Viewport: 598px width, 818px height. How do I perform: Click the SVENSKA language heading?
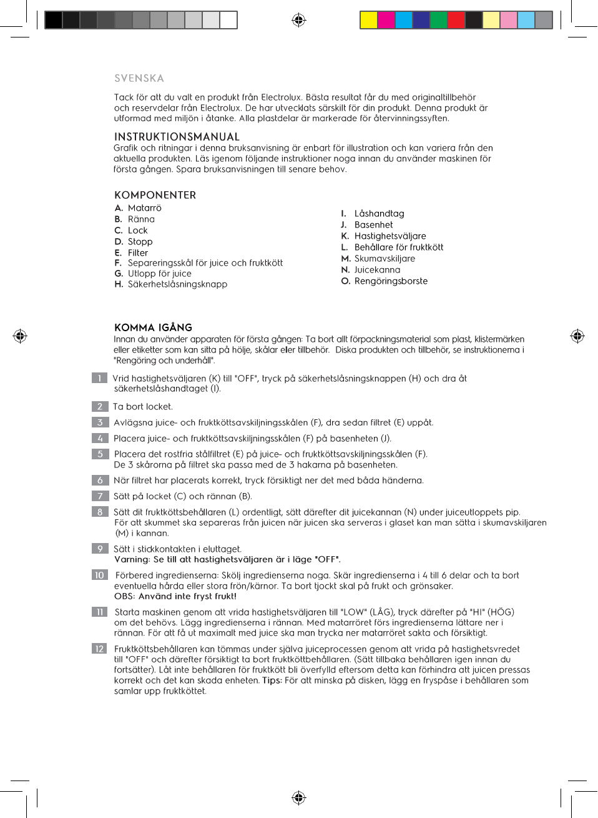pyautogui.click(x=139, y=78)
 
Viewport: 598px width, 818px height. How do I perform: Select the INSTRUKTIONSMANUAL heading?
pyautogui.click(x=177, y=136)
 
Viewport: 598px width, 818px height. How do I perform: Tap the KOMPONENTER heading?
pyautogui.click(x=155, y=195)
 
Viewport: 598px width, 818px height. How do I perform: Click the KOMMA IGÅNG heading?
pyautogui.click(x=153, y=327)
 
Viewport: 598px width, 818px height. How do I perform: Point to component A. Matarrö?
pyautogui.click(x=138, y=208)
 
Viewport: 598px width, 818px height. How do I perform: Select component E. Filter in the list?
pyautogui.click(x=131, y=253)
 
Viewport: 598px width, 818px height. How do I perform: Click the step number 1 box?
pyautogui.click(x=99, y=378)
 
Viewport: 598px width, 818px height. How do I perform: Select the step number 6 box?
pyautogui.click(x=99, y=481)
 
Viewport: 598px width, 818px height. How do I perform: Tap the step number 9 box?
pyautogui.click(x=99, y=549)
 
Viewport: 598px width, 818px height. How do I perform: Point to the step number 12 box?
pyautogui.click(x=99, y=649)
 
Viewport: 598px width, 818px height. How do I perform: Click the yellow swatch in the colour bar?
pyautogui.click(x=369, y=20)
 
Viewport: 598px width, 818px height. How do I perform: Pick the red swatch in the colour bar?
pyautogui.click(x=456, y=20)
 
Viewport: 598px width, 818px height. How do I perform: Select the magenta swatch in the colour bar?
pyautogui.click(x=386, y=20)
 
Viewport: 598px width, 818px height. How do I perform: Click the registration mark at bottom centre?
pyautogui.click(x=299, y=797)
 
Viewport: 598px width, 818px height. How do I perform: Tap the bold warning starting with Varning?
pyautogui.click(x=227, y=559)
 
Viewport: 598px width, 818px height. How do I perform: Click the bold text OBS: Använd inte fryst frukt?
pyautogui.click(x=175, y=596)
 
